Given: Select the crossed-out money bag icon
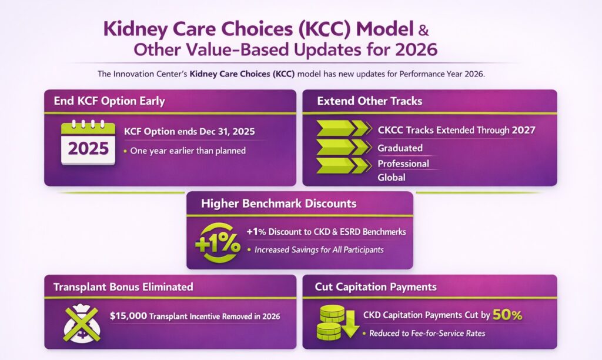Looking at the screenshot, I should tap(82, 321).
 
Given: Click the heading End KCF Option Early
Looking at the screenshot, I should tap(109, 101).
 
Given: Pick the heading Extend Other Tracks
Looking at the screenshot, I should tap(369, 101).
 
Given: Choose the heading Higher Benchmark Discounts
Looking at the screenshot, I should tap(279, 204).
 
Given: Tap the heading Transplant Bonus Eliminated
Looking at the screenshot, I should tap(123, 287).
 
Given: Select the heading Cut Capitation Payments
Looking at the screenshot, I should tap(376, 287).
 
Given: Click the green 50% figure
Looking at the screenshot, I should tap(507, 315).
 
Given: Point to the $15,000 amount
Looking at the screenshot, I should tap(128, 316).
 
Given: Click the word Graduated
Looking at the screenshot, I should tap(400, 148).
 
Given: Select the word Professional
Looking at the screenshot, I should tap(403, 163).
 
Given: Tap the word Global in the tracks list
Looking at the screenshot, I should tap(392, 177).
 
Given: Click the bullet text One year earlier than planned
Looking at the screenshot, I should tap(188, 151).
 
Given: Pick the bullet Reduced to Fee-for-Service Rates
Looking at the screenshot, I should tap(426, 334).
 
